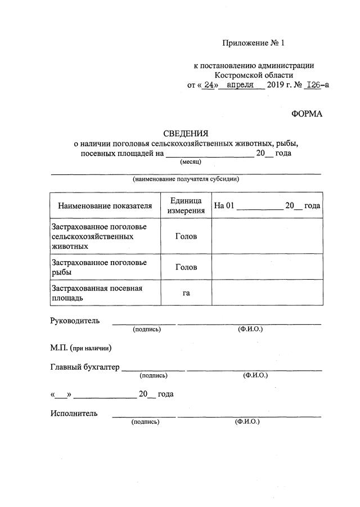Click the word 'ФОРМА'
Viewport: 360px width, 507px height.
click(307, 114)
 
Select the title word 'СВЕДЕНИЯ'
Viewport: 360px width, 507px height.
click(186, 133)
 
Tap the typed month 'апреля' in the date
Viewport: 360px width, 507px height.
click(241, 85)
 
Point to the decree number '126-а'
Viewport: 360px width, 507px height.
click(316, 85)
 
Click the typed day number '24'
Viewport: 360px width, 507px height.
click(209, 85)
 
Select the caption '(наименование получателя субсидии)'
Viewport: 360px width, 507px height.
click(186, 180)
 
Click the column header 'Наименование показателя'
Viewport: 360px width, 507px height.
click(105, 206)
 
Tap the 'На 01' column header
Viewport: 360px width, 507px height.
click(223, 206)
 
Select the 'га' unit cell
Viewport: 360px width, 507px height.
click(186, 293)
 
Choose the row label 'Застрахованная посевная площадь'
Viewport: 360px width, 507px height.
click(97, 293)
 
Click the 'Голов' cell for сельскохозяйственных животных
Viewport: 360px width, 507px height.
click(186, 236)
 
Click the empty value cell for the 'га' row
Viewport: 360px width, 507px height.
click(267, 293)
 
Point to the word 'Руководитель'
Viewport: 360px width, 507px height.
click(75, 321)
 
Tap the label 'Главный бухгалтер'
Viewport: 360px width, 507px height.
click(85, 367)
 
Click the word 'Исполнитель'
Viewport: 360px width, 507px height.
click(74, 414)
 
